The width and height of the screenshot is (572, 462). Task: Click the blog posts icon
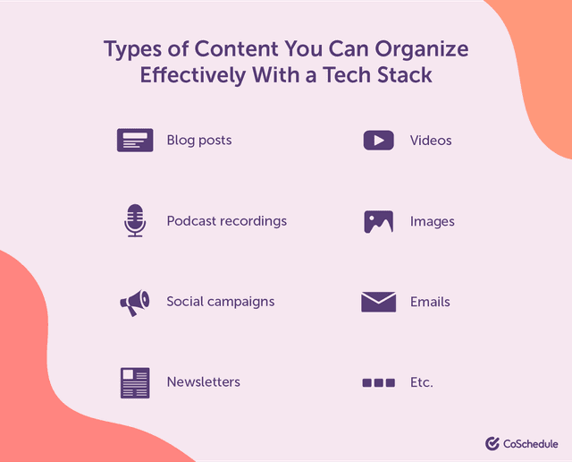click(134, 141)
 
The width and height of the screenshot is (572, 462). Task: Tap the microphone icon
click(134, 220)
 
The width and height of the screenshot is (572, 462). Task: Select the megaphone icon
click(134, 303)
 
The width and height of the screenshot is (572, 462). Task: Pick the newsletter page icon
click(134, 382)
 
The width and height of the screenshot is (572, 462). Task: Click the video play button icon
click(378, 141)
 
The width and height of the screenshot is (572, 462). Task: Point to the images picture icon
click(378, 221)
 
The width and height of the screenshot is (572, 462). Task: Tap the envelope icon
click(378, 302)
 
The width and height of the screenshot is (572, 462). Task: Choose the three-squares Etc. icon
click(378, 382)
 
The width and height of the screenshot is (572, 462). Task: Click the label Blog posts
click(198, 141)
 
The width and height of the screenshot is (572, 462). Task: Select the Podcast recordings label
click(226, 221)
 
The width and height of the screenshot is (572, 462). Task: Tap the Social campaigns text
click(220, 302)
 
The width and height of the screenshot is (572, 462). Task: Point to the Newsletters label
click(203, 382)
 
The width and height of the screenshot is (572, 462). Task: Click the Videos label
click(431, 141)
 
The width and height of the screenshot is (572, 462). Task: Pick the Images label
click(432, 221)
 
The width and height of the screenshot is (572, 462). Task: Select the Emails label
click(430, 302)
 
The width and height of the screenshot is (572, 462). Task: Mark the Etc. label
click(421, 382)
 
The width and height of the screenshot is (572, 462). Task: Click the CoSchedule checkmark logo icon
click(492, 443)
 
